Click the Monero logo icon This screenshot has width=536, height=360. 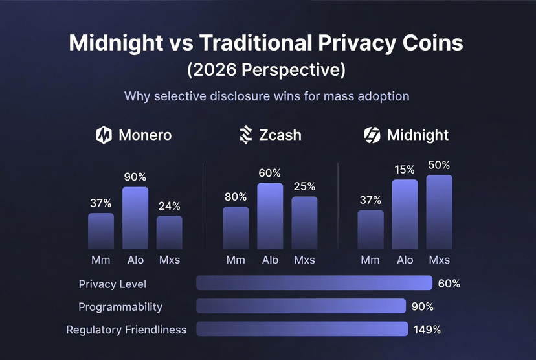coord(104,135)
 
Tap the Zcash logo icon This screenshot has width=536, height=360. coord(245,135)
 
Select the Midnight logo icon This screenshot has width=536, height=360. coord(372,135)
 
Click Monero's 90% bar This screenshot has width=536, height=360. coord(135,218)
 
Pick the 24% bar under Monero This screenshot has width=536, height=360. coord(170,232)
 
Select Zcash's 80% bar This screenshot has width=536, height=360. coord(236,228)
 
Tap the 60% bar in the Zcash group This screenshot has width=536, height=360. coord(270,216)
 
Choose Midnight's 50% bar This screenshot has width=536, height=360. coord(439,212)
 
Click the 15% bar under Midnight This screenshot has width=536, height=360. coord(405,214)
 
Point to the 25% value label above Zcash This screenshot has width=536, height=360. coord(304,186)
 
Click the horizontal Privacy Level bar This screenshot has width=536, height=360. coord(314,284)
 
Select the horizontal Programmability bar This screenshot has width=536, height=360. coord(301,306)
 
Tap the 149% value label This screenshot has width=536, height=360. coord(427,330)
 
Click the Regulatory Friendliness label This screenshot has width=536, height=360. coord(126,330)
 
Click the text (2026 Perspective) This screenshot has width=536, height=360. coord(267,69)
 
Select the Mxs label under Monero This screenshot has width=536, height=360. coord(170,260)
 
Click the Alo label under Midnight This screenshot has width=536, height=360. coord(405,260)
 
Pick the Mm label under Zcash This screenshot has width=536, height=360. coord(236,260)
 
